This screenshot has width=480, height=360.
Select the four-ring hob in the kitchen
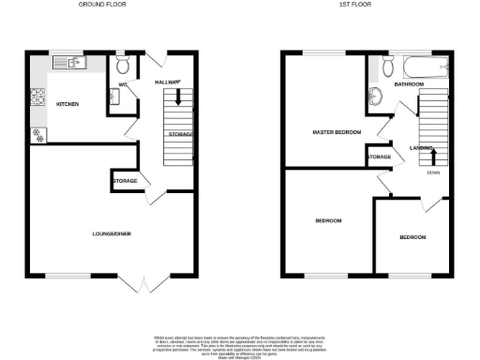pos(39,96)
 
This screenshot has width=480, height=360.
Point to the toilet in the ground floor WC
pos(123,67)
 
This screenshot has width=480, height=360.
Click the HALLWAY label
pos(166,83)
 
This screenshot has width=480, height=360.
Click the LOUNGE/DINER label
pos(110,232)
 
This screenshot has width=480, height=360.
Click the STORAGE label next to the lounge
pos(125,180)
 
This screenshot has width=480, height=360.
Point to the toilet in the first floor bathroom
pos(387,67)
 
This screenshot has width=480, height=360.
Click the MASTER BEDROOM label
pos(337,133)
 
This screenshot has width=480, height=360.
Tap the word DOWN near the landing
pos(433,172)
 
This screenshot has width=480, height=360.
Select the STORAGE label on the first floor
pos(380,157)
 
